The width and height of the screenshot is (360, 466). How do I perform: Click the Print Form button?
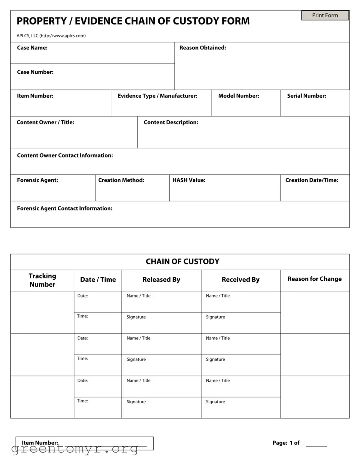pos(325,15)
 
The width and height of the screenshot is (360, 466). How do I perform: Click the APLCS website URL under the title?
pos(62,36)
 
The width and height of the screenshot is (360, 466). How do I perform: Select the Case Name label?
pos(32,48)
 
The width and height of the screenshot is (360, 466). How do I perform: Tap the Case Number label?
pos(35,72)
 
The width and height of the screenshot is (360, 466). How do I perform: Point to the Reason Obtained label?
pos(203,48)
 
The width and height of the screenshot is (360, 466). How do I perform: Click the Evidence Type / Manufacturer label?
pos(157,96)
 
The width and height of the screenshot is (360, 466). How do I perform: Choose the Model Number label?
pos(239,96)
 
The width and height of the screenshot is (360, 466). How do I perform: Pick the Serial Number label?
pos(306,96)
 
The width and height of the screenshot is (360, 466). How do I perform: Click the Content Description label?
pos(171,122)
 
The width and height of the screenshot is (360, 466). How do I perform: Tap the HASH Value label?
pos(189,180)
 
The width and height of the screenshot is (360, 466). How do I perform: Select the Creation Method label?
pos(121,180)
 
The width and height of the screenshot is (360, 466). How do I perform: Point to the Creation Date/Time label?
pos(312,180)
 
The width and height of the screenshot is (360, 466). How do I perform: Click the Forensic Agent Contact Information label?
pos(65,208)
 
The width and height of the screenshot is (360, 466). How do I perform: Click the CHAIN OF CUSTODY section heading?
pos(182,262)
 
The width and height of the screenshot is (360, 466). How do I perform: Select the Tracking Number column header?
pos(42,280)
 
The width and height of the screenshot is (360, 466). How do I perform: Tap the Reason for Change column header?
pos(314,279)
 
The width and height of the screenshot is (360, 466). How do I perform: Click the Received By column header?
pos(240,279)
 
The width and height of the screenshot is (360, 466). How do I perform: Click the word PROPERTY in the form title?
pos(42,21)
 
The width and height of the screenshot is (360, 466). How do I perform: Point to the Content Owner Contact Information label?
pos(65,155)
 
